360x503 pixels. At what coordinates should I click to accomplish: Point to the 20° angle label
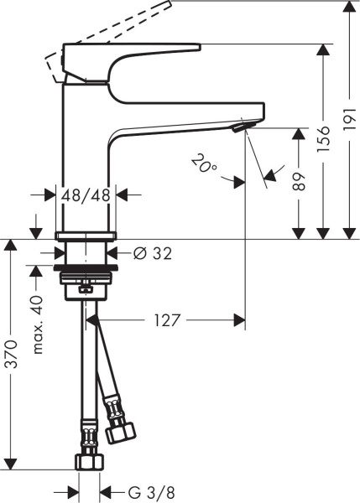(203, 161)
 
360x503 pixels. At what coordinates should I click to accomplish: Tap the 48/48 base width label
(87, 194)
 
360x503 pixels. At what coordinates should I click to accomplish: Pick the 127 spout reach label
(169, 319)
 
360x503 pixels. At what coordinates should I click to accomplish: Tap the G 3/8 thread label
(135, 491)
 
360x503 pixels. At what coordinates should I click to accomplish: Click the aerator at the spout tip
(242, 127)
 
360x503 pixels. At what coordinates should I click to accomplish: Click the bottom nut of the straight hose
(87, 461)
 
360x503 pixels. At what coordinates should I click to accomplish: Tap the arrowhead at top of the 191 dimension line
(348, 8)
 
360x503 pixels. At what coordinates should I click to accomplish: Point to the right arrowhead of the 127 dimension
(239, 319)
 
